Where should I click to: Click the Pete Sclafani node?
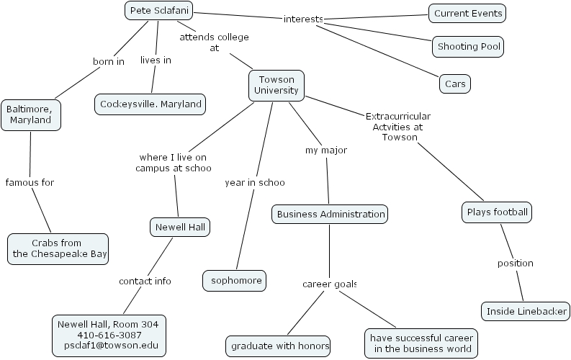click(159, 11)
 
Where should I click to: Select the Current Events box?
click(467, 13)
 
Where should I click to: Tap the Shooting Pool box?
click(467, 47)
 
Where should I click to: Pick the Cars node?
click(455, 84)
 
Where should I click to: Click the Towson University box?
click(276, 84)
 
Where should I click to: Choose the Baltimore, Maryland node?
click(30, 114)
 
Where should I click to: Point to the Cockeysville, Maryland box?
click(150, 104)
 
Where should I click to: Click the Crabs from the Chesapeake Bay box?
click(58, 248)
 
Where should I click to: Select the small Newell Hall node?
click(181, 228)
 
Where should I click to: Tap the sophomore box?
click(235, 279)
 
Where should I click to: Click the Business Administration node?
click(331, 214)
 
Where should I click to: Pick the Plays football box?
click(498, 212)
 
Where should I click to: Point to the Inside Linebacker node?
click(526, 312)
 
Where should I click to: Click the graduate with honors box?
click(278, 346)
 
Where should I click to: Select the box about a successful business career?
click(421, 343)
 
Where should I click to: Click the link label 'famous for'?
click(30, 182)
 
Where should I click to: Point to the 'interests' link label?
click(303, 19)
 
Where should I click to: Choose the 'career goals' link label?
click(329, 284)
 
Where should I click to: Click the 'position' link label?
click(515, 263)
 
